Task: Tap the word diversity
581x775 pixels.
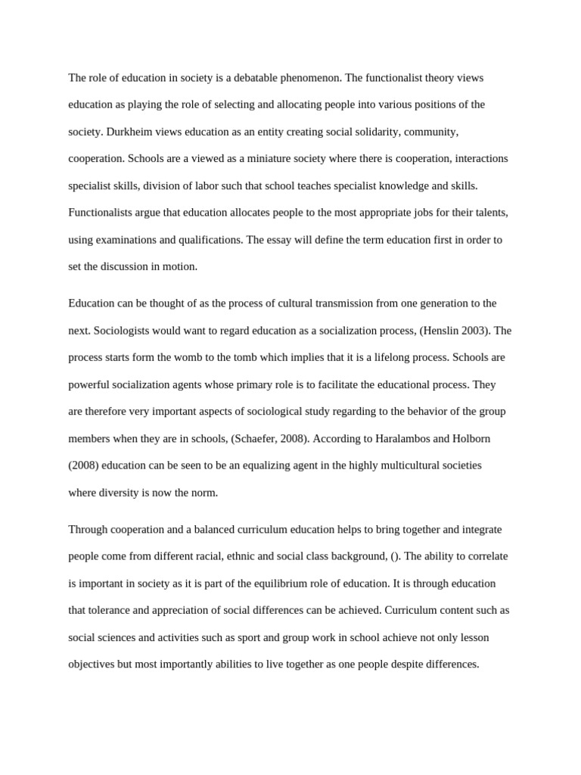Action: (121, 493)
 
